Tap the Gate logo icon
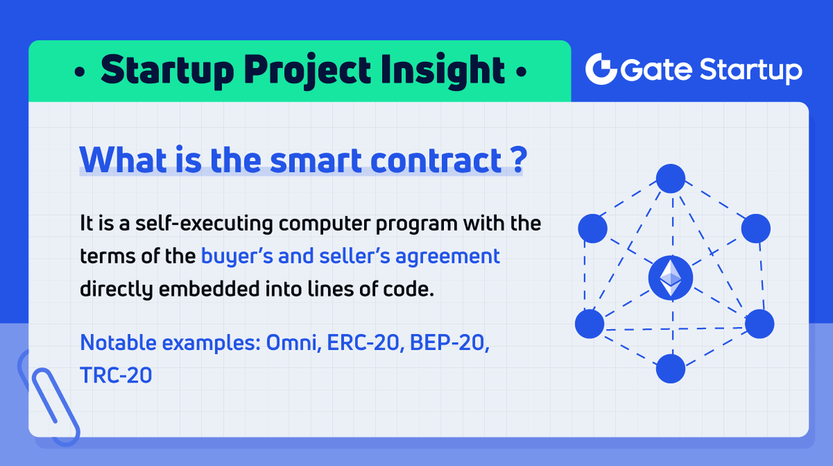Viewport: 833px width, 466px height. coord(601,69)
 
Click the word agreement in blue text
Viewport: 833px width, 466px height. coord(447,257)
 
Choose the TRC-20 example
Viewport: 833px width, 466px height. coord(116,375)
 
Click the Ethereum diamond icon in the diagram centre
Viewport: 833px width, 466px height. coord(670,277)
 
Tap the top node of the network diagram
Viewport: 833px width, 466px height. coord(670,178)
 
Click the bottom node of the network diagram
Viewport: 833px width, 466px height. coord(670,368)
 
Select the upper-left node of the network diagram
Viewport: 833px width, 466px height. coord(593,228)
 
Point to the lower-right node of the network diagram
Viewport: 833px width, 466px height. coord(759,323)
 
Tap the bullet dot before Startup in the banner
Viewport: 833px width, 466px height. coord(80,72)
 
